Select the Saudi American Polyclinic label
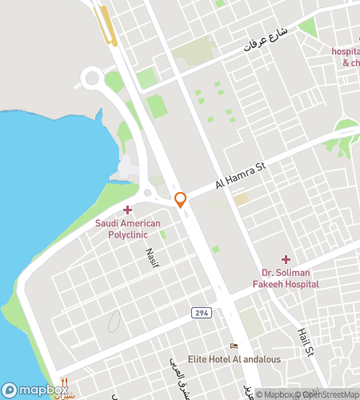click(128, 230)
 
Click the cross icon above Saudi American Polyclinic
click(128, 210)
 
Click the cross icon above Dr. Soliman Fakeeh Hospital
click(286, 260)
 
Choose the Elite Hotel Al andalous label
click(234, 359)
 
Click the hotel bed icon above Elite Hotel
click(234, 346)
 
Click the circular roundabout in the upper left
click(90, 79)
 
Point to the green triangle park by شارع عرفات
click(307, 30)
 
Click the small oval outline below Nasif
click(115, 322)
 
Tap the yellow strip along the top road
click(107, 26)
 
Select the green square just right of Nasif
click(163, 235)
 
